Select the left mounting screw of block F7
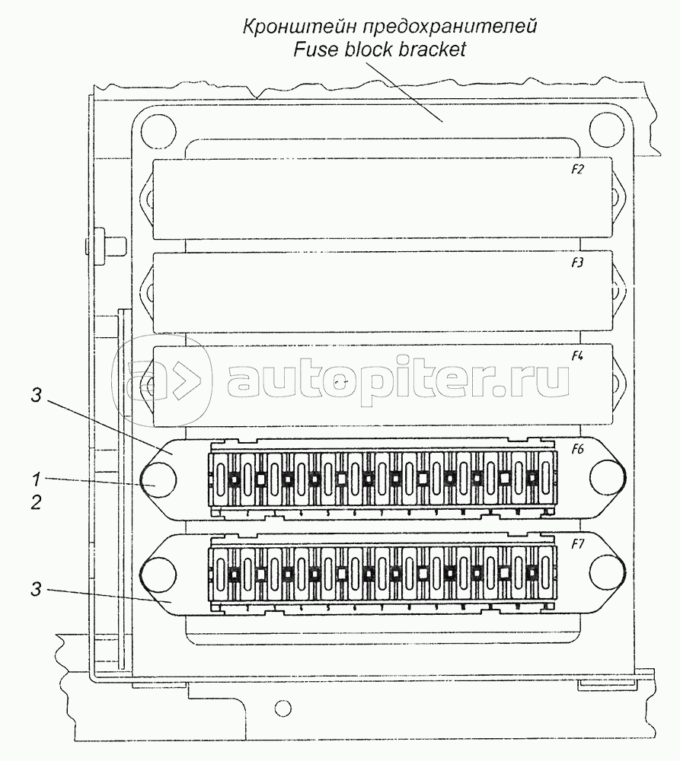[158, 572]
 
